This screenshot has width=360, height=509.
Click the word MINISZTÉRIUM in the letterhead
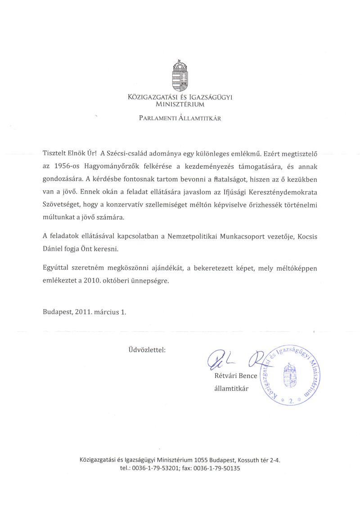pos(180,104)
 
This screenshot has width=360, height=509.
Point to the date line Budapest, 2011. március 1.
pos(85,311)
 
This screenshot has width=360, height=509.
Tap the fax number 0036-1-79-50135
pos(217,468)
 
